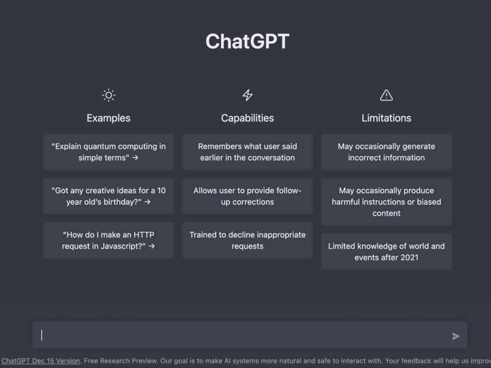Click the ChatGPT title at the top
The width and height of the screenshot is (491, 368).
[x=247, y=41]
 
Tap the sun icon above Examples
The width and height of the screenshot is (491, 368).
[x=109, y=95]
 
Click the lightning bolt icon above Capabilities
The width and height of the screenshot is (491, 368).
[x=247, y=95]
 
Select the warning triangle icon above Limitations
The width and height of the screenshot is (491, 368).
[x=386, y=95]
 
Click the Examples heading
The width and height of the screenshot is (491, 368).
[x=108, y=118]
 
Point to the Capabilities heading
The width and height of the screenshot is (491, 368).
[x=247, y=118]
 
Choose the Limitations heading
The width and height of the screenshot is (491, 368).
[x=386, y=118]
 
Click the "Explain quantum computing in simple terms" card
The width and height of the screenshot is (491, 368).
[x=108, y=152]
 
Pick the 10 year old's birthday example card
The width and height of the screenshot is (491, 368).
[x=108, y=196]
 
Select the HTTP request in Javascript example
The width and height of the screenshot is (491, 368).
[x=108, y=241]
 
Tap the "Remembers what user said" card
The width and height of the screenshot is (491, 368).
[x=247, y=152]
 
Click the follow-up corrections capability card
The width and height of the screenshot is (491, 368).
[x=247, y=196]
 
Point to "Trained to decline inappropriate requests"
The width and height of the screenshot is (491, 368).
[x=247, y=241]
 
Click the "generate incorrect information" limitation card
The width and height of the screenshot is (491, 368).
[x=386, y=152]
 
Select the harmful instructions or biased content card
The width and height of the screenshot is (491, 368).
[x=386, y=202]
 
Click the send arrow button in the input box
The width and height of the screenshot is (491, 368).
[x=456, y=336]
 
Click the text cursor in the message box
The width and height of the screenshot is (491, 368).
[x=42, y=335]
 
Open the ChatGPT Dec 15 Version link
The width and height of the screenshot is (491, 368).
[x=41, y=361]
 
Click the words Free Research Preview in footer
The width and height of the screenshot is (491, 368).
[x=120, y=361]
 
